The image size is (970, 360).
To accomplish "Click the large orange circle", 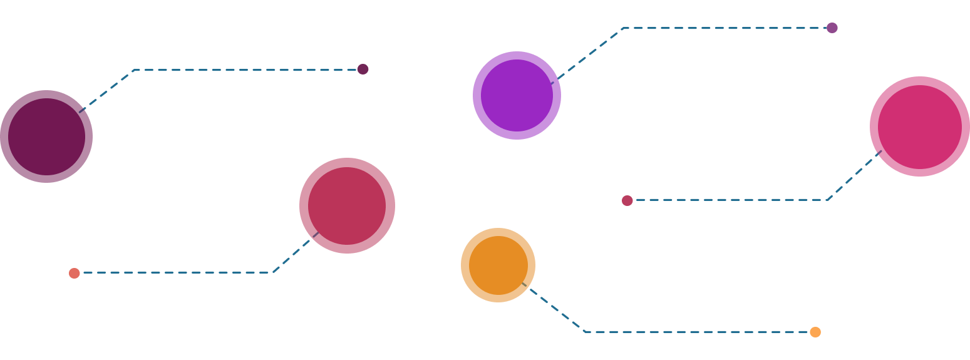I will pos(498,265).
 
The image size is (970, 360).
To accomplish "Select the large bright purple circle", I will pos(517,95).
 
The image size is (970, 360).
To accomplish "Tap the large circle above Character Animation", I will pos(919,126).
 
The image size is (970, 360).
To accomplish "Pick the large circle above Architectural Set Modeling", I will pos(347,205).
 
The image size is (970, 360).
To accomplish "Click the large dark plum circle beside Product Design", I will pos(46,136).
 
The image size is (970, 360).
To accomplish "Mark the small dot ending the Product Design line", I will pos(363,69).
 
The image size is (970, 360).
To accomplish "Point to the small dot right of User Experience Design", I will pos(832,28).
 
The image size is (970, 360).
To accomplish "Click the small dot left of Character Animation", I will pos(627,200).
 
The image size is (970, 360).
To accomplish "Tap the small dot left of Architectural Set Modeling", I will pos(75,273).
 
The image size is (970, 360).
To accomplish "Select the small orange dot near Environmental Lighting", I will pos(815,332).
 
